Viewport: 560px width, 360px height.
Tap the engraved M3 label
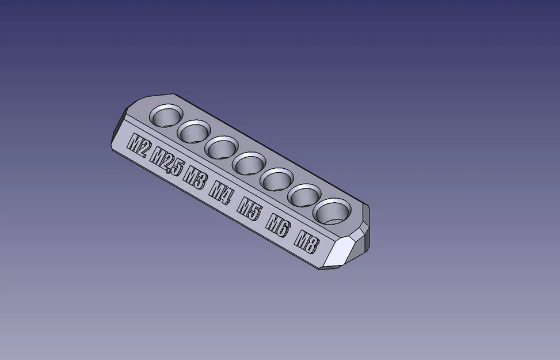(x=195, y=177)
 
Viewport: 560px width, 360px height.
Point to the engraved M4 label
(x=221, y=192)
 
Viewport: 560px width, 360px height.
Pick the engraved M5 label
(x=250, y=208)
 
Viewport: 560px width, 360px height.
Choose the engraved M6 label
(x=277, y=225)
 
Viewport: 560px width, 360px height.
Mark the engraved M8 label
(x=306, y=241)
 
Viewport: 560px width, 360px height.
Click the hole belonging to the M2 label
(x=166, y=116)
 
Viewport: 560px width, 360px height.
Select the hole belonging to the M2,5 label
(x=194, y=132)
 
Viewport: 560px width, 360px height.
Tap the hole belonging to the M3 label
(x=222, y=148)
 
